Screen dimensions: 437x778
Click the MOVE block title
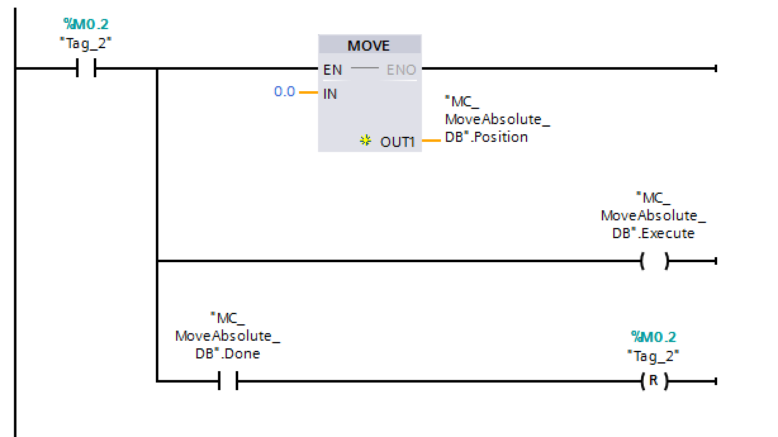(x=369, y=46)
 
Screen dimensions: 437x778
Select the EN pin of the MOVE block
(x=333, y=70)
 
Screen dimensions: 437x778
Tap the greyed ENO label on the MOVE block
(x=401, y=70)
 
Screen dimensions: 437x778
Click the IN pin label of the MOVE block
(x=330, y=94)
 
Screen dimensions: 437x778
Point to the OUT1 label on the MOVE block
(x=397, y=142)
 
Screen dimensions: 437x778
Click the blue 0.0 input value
(x=284, y=92)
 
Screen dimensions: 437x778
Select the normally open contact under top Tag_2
(x=85, y=68)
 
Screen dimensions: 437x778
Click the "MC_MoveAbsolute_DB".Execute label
(x=653, y=215)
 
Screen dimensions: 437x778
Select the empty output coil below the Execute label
(x=654, y=261)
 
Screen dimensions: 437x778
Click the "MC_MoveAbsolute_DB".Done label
(x=227, y=335)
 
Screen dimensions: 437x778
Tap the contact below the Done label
(x=227, y=381)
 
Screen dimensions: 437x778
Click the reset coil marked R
(x=654, y=381)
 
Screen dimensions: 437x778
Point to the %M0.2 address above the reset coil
(x=653, y=336)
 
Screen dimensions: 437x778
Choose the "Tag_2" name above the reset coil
(x=653, y=355)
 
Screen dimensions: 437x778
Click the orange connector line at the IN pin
(x=308, y=92)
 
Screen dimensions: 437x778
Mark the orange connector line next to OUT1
(x=431, y=141)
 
